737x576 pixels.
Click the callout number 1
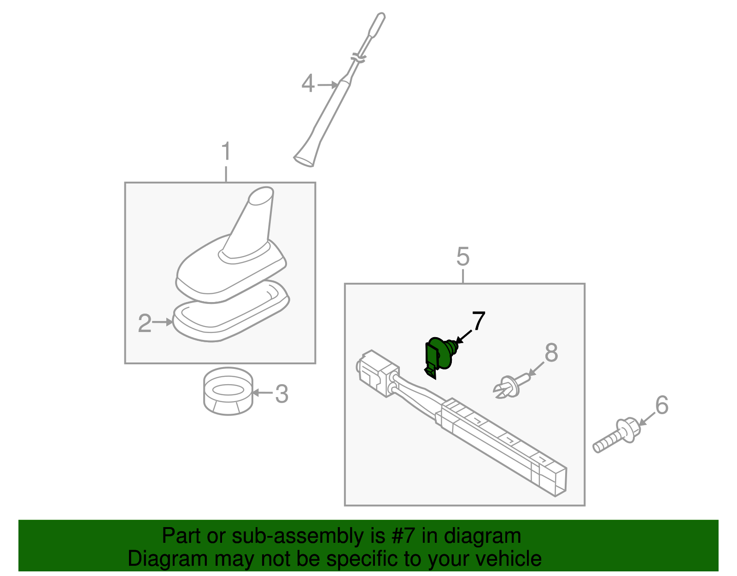226,152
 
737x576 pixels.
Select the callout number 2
144,323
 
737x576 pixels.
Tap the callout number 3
281,394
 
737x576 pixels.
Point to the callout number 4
308,84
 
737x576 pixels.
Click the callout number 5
462,256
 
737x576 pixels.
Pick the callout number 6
661,405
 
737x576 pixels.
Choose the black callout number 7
479,321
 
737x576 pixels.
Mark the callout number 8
551,353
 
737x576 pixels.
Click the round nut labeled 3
228,391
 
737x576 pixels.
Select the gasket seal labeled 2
230,318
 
